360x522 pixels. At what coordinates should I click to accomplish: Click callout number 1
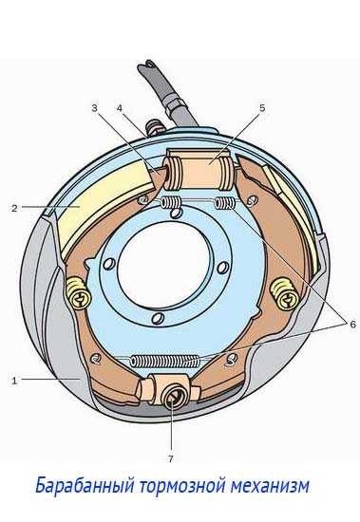click(14, 381)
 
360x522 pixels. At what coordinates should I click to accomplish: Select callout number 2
click(14, 209)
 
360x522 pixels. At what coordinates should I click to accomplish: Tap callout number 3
click(95, 108)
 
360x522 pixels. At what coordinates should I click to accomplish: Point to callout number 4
click(120, 108)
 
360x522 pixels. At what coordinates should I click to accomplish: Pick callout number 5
click(262, 108)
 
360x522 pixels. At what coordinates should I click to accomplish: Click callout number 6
click(352, 324)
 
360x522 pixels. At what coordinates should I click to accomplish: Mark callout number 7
click(171, 459)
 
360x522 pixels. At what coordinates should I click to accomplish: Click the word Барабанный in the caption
click(85, 486)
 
